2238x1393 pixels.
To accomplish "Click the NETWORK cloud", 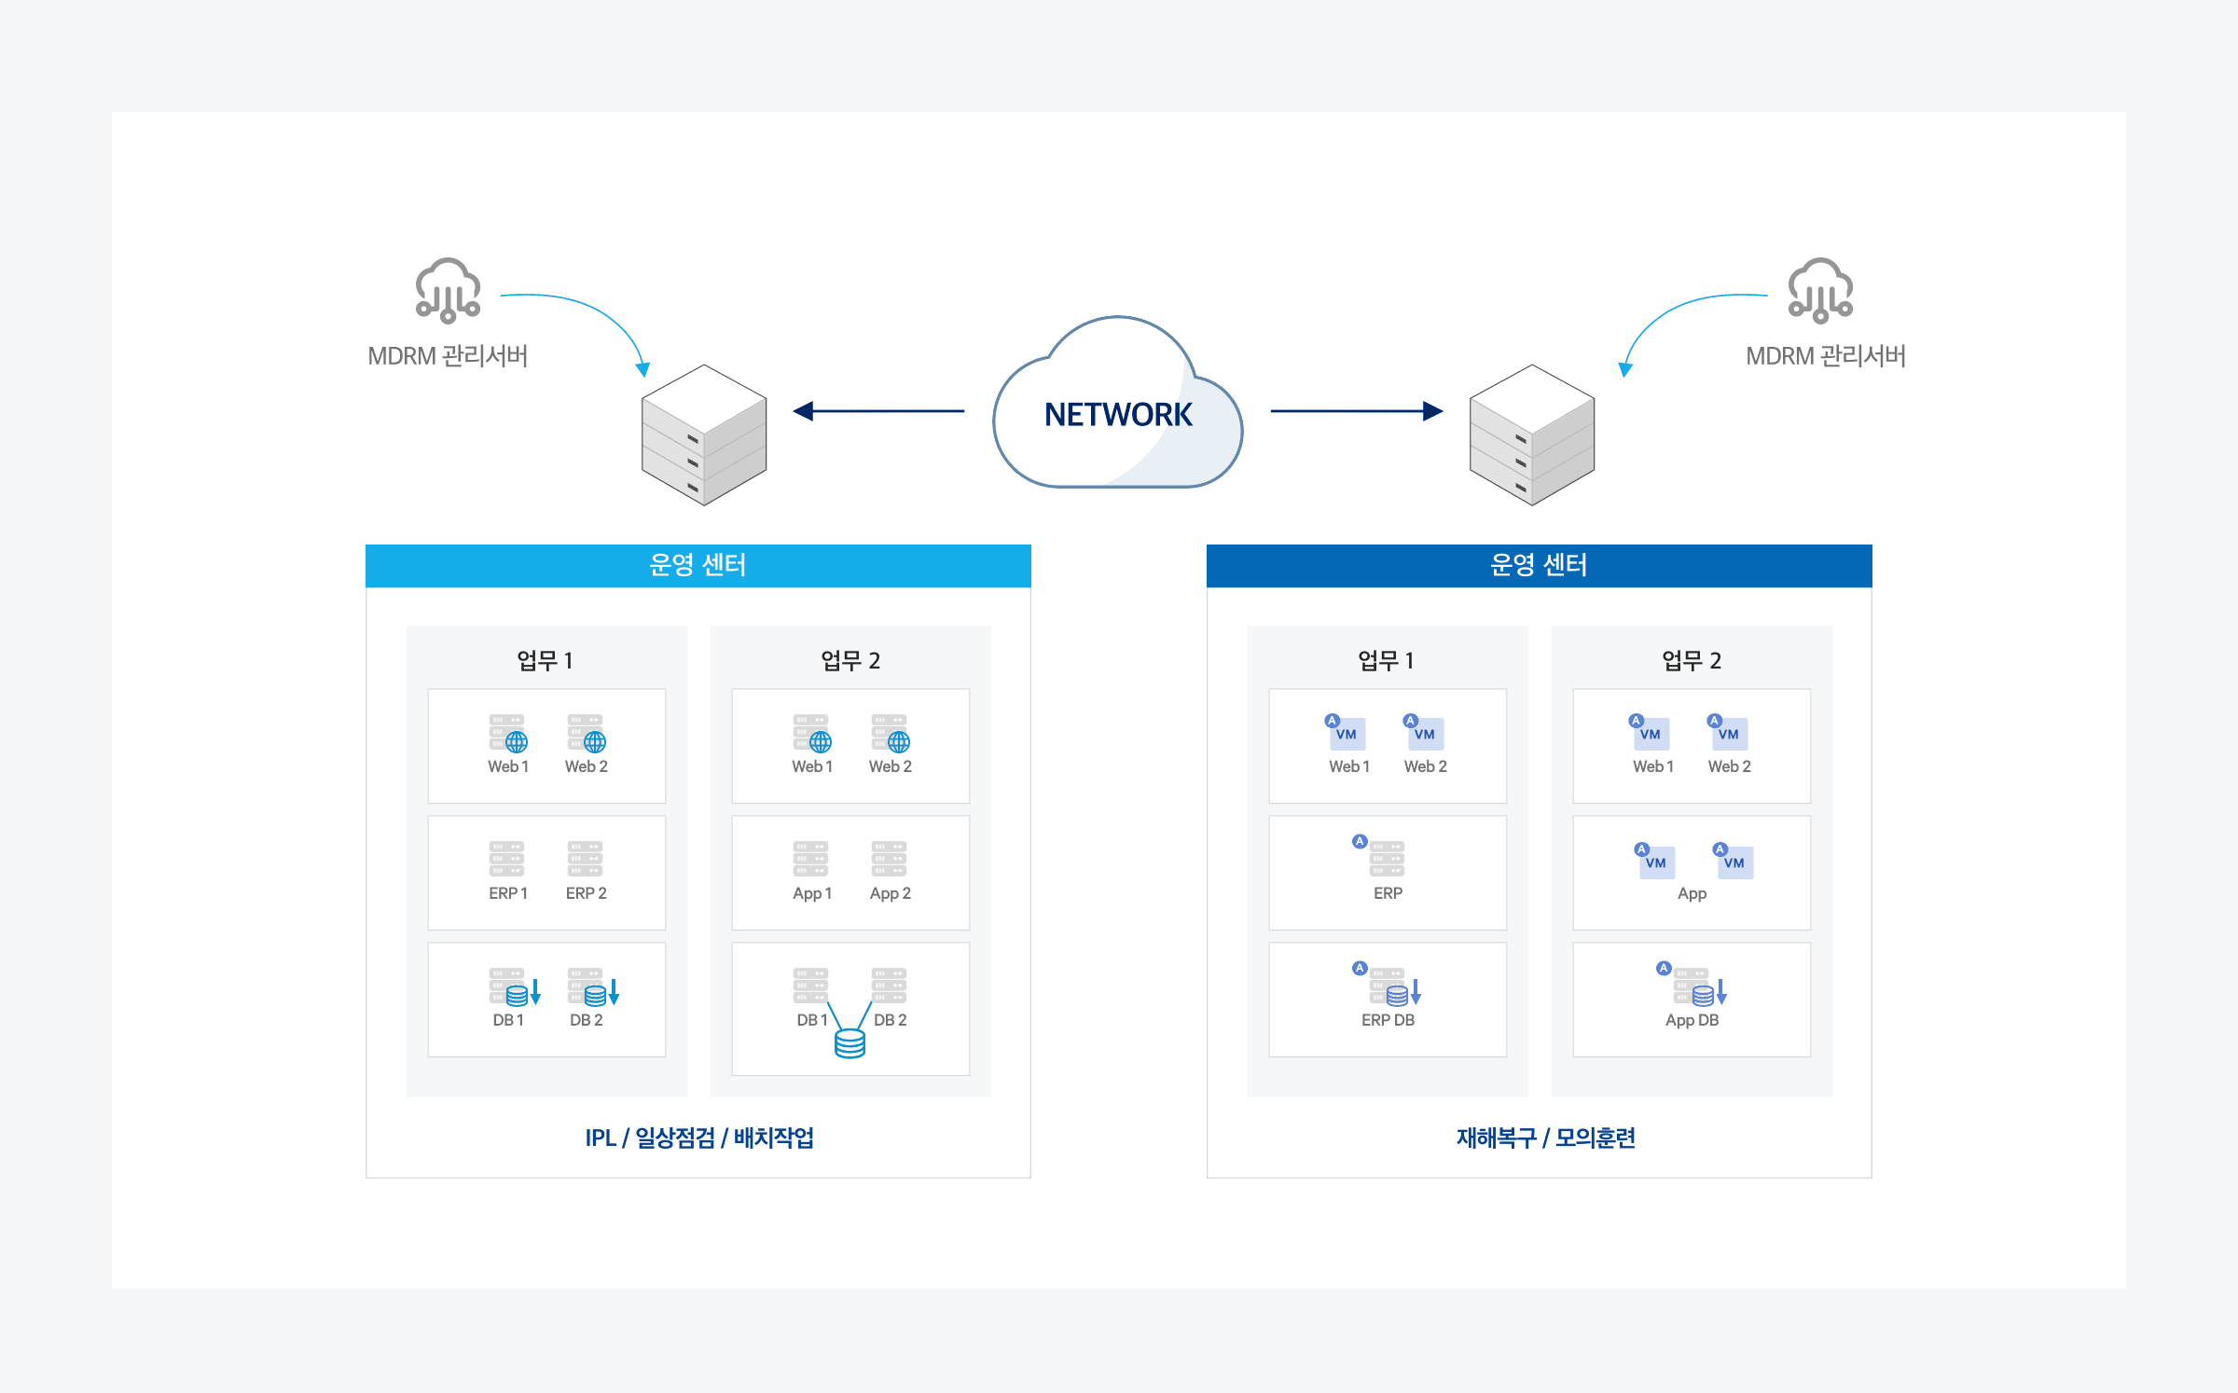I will [x=1117, y=410].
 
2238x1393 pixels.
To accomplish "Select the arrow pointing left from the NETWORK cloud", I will [x=877, y=411].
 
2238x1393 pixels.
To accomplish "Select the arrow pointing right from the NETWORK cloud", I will [x=1356, y=411].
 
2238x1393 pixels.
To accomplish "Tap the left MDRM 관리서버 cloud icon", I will [x=448, y=290].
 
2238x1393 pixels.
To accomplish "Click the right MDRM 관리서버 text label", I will [x=1825, y=356].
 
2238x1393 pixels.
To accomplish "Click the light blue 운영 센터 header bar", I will [x=698, y=565].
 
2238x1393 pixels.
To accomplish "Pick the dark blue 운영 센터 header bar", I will [x=1539, y=565].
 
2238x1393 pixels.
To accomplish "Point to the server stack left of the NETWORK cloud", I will [x=704, y=434].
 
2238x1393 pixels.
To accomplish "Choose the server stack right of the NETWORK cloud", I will [x=1531, y=434].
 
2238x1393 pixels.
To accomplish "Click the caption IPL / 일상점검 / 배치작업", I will [x=699, y=1138].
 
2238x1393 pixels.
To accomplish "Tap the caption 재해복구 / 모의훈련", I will [x=1545, y=1138].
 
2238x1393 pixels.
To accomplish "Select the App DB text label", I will [x=1692, y=1020].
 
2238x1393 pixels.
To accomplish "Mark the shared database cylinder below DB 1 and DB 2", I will [x=850, y=1043].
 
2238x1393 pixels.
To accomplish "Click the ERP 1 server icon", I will [x=506, y=859].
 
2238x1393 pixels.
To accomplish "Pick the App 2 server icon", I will [x=889, y=859].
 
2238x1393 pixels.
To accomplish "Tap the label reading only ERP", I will [x=1388, y=893].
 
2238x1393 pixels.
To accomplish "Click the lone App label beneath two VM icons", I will [x=1692, y=893].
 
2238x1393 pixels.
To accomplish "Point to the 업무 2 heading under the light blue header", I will [x=850, y=660].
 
